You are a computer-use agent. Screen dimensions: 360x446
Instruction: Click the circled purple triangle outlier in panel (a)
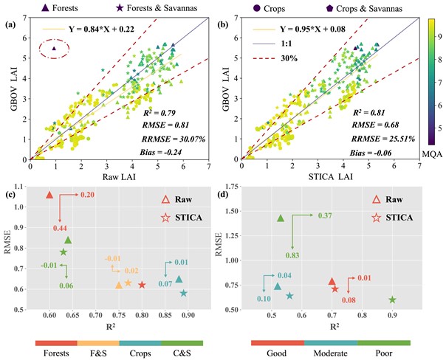pyautogui.click(x=54, y=48)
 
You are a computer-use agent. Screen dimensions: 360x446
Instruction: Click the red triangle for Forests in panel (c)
pyautogui.click(x=49, y=195)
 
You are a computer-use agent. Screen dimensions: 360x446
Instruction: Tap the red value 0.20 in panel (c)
pyautogui.click(x=87, y=195)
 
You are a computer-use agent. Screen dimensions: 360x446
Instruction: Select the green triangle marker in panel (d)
pyautogui.click(x=281, y=218)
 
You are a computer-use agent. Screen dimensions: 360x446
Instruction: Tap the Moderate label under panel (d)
pyautogui.click(x=330, y=353)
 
